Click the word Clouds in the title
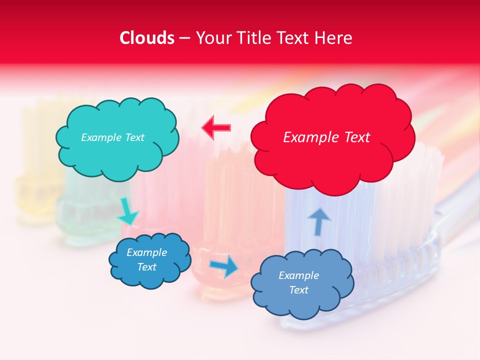point(147,38)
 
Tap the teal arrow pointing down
point(127,212)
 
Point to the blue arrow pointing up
point(319,221)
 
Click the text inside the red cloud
point(326,137)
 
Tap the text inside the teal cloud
point(112,137)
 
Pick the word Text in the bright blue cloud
point(146,267)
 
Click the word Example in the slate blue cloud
point(298,275)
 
